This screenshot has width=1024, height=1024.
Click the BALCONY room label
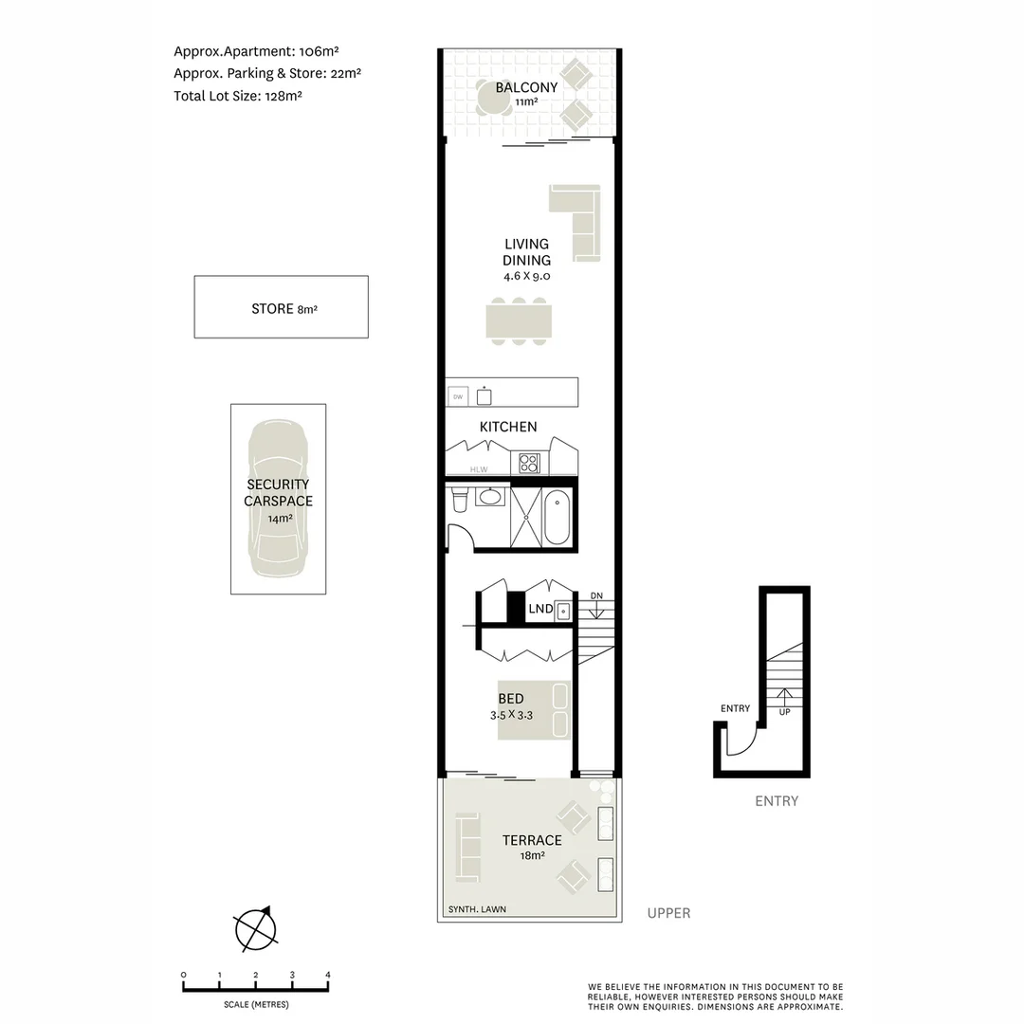(x=526, y=87)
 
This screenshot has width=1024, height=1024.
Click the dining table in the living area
(x=518, y=320)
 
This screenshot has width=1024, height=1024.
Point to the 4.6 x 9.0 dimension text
(x=526, y=277)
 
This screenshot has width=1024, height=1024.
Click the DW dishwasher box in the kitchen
(x=458, y=396)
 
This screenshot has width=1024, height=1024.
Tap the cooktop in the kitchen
(x=528, y=464)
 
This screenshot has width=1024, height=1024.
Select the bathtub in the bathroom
(x=558, y=518)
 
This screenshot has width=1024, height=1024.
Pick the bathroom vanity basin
(x=490, y=496)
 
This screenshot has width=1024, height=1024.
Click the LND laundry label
(x=540, y=609)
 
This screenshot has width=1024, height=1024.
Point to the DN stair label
(x=596, y=595)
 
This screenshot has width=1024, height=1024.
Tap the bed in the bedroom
(x=534, y=711)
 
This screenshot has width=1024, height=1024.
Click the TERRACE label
(x=532, y=840)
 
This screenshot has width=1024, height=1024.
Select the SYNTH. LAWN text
(x=478, y=909)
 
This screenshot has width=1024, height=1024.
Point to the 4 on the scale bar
(x=327, y=975)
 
